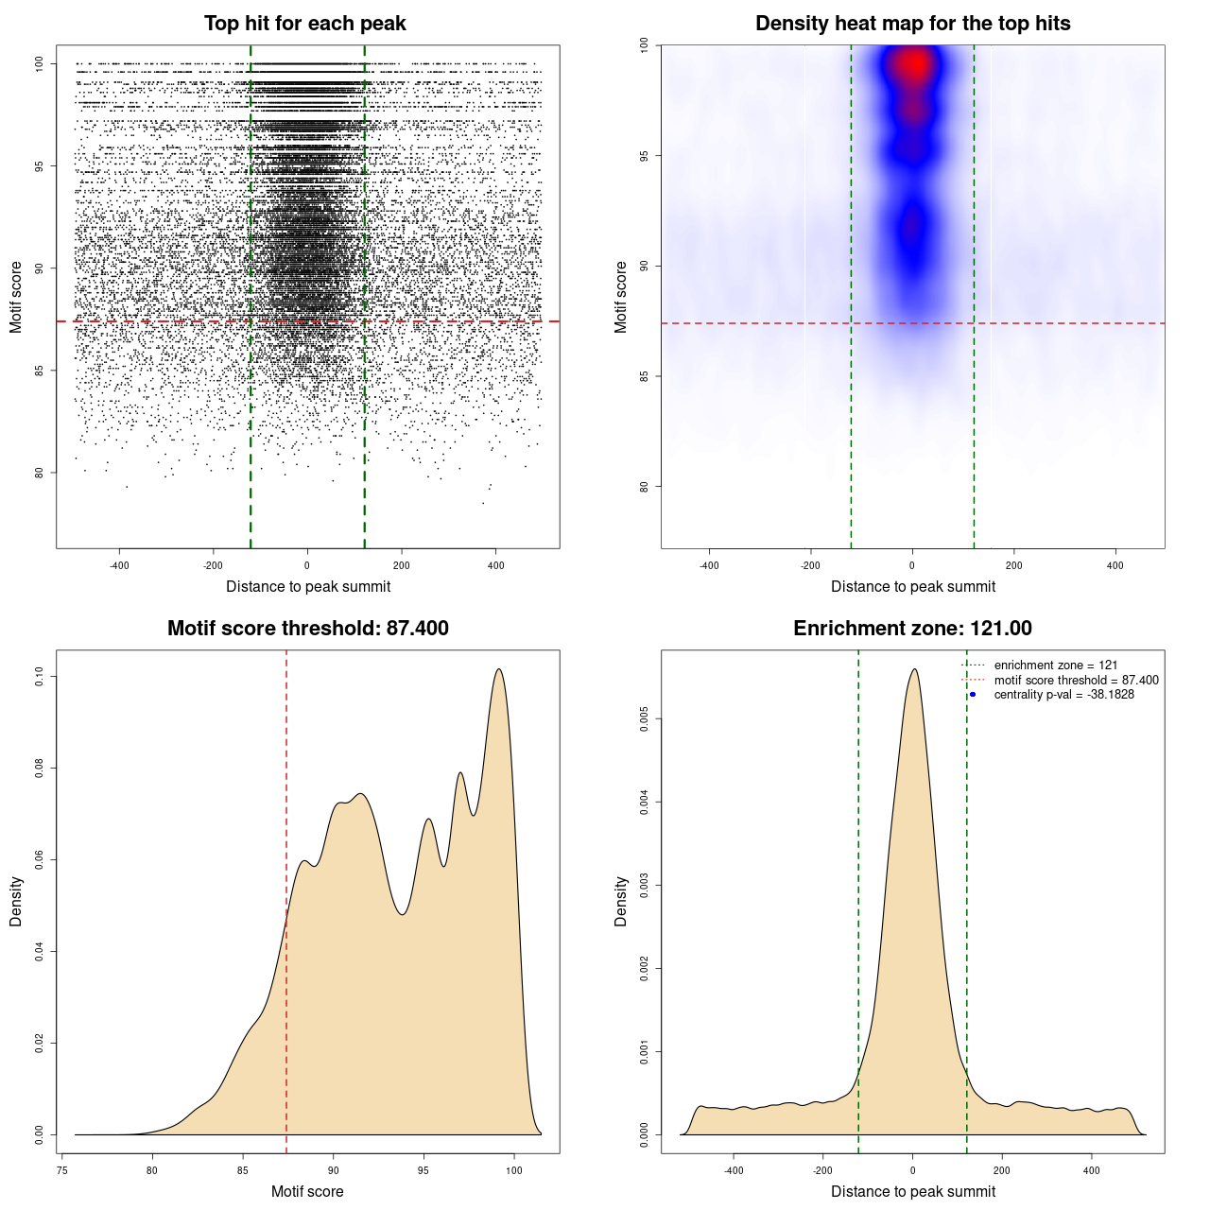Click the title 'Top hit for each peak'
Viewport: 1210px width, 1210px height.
[x=304, y=24]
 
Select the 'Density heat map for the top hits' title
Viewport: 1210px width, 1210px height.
[x=912, y=24]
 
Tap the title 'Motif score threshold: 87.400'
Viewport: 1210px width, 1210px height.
[x=307, y=629]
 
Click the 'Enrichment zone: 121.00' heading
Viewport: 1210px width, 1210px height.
[x=912, y=629]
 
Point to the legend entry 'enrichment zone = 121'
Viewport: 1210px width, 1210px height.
[x=1055, y=665]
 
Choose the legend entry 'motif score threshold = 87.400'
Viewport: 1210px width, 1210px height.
[x=1076, y=681]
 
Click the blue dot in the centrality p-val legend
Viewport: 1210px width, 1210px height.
[x=973, y=695]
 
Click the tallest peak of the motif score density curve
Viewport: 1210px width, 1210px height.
[x=498, y=669]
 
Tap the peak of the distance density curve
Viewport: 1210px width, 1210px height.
[x=913, y=669]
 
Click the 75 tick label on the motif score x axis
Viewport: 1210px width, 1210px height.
[x=61, y=1170]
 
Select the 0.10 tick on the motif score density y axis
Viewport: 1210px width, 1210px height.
[x=39, y=676]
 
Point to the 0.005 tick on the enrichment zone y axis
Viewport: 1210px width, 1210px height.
[x=644, y=719]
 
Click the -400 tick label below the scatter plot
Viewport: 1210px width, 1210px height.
[x=119, y=565]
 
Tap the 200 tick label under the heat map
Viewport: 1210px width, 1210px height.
[x=1013, y=565]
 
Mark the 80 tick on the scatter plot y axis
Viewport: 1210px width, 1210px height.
[x=39, y=473]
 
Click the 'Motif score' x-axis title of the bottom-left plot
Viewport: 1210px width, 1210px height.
[x=307, y=1191]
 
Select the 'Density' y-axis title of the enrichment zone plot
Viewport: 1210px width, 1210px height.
[x=621, y=901]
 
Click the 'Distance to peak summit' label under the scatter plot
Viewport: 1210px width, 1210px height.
[x=308, y=586]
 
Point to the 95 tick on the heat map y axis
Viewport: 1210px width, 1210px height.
[x=644, y=155]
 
